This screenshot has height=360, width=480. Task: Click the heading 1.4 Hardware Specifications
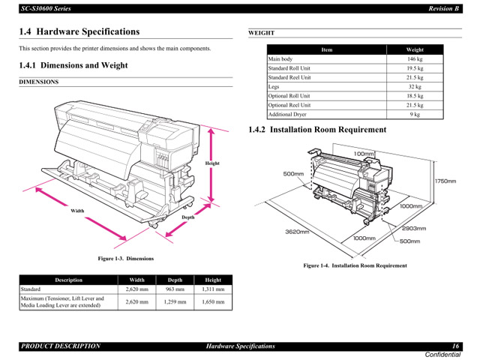tap(79, 31)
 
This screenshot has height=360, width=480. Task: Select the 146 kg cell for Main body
tap(415, 58)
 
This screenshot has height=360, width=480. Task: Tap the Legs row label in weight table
tap(274, 86)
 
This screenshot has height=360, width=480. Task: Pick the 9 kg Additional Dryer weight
tap(415, 115)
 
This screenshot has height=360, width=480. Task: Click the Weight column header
tap(415, 49)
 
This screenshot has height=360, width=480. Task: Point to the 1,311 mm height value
tap(213, 289)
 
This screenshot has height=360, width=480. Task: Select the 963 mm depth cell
tap(175, 289)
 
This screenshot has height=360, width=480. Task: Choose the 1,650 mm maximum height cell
tap(213, 301)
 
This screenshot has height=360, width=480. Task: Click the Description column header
tap(68, 280)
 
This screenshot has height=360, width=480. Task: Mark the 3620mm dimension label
tap(298, 232)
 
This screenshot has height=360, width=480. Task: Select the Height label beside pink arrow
tap(212, 163)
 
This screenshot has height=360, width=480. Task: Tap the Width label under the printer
tap(77, 211)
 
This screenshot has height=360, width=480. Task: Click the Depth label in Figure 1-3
tap(187, 217)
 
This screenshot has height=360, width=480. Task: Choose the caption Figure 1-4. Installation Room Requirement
tap(355, 265)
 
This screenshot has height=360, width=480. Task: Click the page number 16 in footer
tap(454, 346)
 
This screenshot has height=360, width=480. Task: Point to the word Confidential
tap(442, 354)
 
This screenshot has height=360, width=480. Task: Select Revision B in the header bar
tap(443, 8)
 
